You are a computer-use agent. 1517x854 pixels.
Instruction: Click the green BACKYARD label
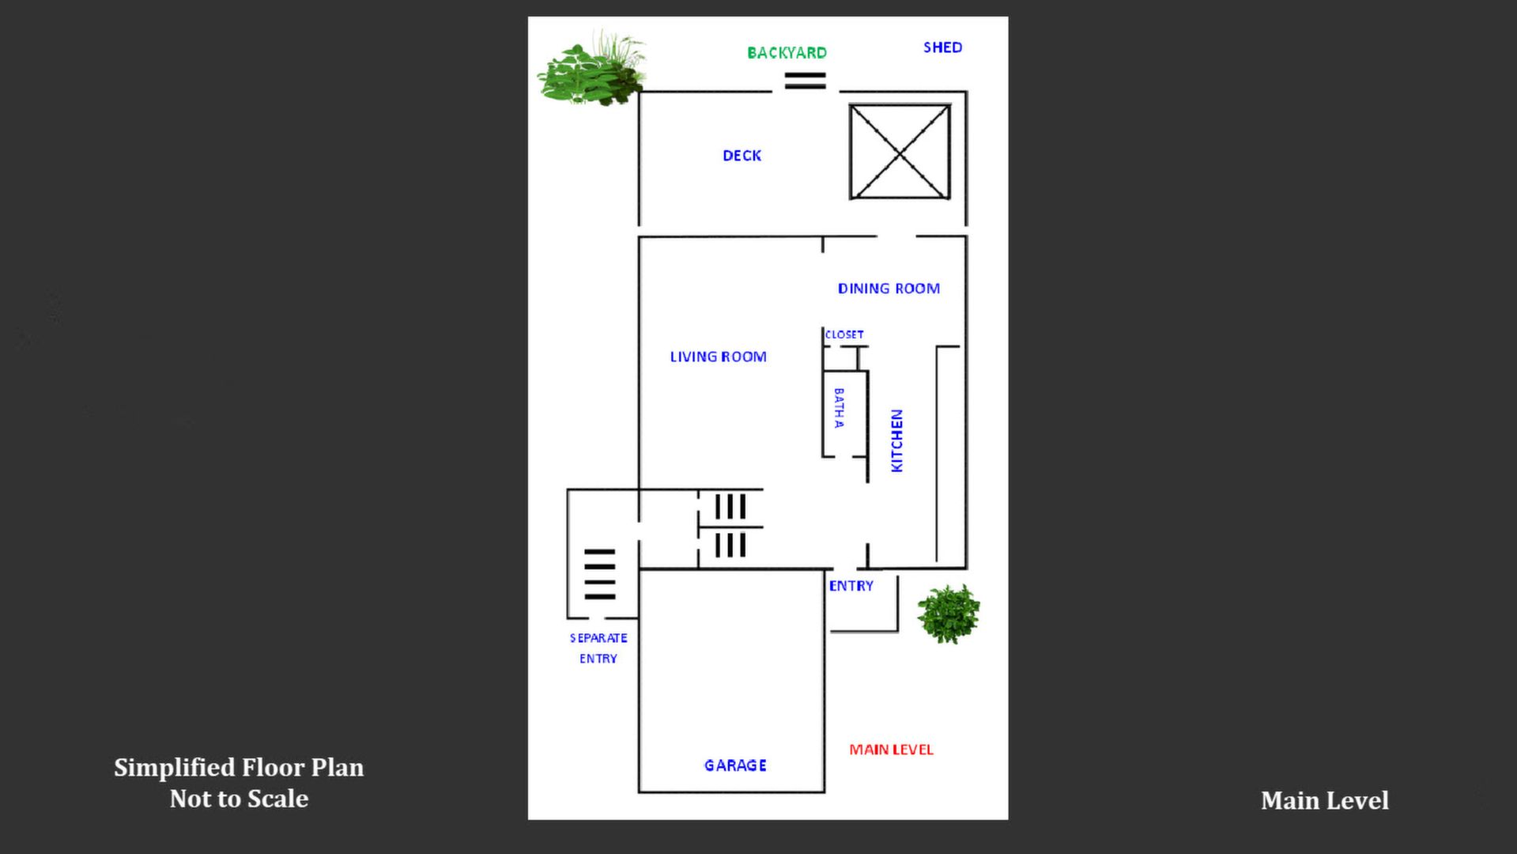tap(787, 53)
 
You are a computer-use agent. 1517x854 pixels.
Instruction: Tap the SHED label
tap(942, 47)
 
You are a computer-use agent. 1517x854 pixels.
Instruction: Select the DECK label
tap(742, 156)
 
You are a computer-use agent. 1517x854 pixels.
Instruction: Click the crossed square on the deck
tap(900, 151)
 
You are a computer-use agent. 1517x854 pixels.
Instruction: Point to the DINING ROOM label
tap(889, 289)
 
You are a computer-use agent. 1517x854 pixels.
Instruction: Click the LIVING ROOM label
tap(718, 357)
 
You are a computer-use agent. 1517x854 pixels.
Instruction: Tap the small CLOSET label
tap(844, 334)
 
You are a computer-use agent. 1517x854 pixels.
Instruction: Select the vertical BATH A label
tap(839, 408)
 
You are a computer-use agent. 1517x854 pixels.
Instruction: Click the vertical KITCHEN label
tap(896, 440)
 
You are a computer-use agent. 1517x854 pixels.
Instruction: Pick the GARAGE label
tap(735, 765)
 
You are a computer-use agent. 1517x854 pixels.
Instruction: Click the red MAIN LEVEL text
tap(891, 750)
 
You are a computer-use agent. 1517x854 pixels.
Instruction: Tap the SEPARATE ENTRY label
tap(598, 648)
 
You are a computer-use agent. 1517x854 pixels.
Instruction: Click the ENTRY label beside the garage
tap(851, 586)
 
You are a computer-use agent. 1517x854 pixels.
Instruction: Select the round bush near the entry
tap(949, 614)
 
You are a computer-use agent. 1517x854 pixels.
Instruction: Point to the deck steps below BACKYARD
tap(805, 81)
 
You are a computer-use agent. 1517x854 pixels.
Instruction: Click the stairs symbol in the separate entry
tap(599, 574)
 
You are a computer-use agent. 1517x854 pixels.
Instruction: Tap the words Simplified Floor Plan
tap(239, 768)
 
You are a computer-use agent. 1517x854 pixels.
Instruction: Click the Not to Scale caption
tap(239, 799)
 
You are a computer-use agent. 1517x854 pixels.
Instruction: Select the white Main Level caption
tap(1324, 800)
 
